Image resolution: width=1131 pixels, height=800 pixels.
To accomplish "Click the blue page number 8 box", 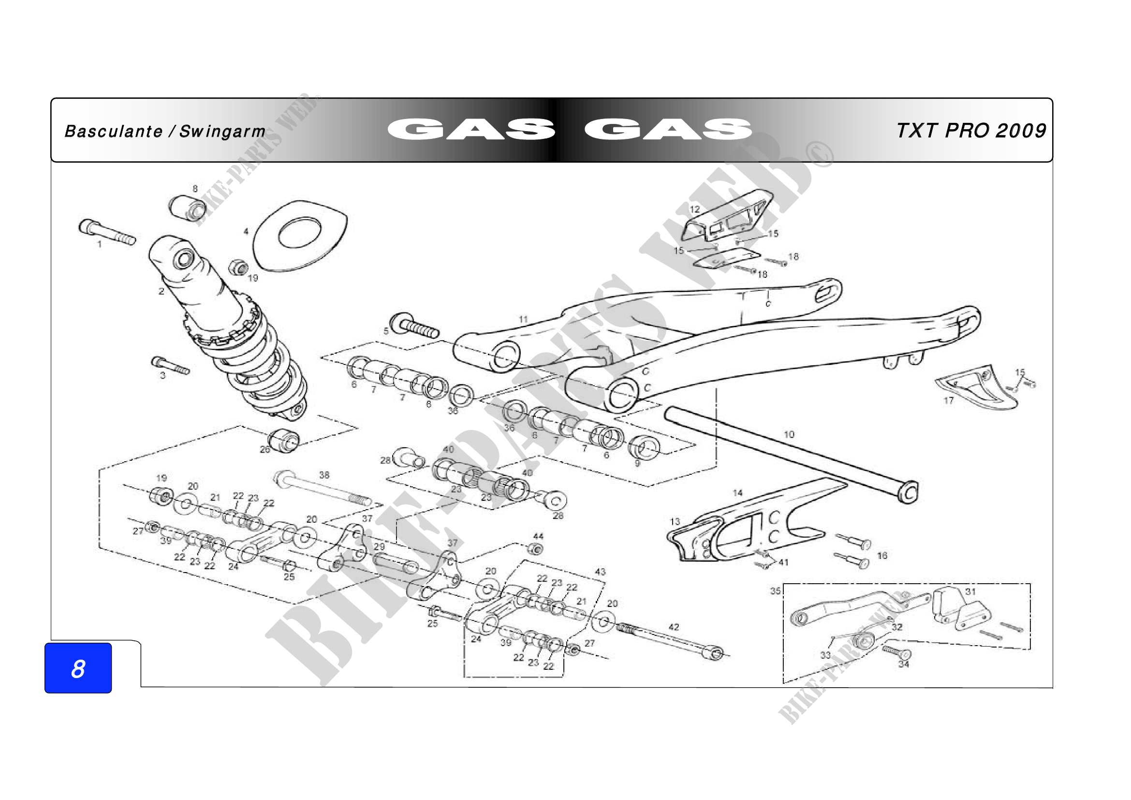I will point(78,668).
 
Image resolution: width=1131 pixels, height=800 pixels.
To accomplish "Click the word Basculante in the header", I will point(113,131).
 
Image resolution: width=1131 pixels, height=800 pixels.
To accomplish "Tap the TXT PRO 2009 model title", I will point(971,131).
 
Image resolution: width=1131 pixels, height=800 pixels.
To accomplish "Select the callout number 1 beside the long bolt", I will point(99,244).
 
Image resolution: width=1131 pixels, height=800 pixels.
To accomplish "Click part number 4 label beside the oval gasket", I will point(246,231).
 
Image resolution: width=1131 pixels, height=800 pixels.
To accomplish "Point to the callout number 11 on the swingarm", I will point(523,319).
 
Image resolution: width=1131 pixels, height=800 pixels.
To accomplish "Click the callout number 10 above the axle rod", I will point(789,434).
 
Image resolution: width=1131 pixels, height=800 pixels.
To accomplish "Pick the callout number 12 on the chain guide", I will point(694,209).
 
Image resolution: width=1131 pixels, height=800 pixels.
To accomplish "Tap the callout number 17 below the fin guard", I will point(949,400).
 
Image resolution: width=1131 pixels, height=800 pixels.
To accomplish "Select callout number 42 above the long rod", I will point(674,627).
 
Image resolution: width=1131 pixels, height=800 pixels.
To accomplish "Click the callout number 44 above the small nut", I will point(538,536).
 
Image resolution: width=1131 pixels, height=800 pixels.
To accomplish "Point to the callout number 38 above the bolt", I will point(324,475).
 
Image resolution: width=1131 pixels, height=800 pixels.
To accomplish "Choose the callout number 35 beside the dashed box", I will point(775,590).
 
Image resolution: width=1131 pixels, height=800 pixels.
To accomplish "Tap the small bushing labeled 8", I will point(188,209).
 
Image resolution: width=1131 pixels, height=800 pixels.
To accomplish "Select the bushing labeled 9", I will point(644,447).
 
